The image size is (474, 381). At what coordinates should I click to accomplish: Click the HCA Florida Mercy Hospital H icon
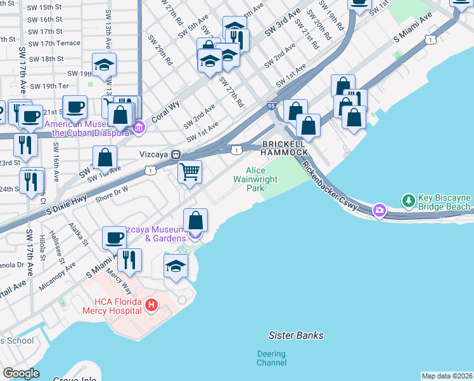coord(151,305)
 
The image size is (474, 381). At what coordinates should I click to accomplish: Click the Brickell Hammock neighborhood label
coord(285,148)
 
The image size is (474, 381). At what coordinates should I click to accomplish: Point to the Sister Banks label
coord(296,335)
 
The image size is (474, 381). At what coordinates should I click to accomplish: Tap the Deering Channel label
coord(272,358)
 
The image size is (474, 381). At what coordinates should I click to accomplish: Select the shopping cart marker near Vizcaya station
coord(190,171)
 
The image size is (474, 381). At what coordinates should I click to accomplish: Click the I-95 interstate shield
coord(271,105)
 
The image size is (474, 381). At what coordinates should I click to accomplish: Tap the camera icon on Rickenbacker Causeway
coord(379,210)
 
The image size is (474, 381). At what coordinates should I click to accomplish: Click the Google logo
coord(21,373)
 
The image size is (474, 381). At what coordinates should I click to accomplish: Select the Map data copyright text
coord(447,376)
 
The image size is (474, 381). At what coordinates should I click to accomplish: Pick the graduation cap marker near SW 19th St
coord(104,64)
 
